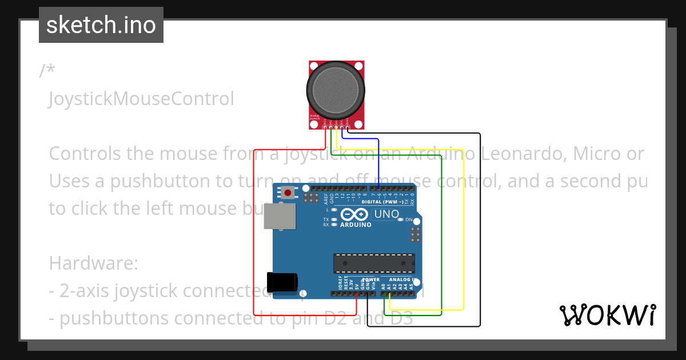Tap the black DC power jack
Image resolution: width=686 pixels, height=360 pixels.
pos(282,282)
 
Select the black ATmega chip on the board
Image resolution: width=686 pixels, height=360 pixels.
pos(374,263)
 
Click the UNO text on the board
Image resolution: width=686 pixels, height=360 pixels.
pos(386,214)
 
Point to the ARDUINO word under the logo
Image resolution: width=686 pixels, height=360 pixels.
pos(356,225)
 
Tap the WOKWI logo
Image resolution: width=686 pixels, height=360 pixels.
pos(607,315)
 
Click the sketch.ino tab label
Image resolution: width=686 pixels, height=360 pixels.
pos(101,25)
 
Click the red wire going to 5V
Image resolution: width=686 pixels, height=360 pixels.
pos(253,229)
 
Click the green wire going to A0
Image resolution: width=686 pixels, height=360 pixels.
pos(442,240)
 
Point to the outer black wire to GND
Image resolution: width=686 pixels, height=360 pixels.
pos(480,229)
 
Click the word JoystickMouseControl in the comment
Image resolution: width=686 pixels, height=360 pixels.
pos(141,99)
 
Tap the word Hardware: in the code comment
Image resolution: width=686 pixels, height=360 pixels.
pos(94,263)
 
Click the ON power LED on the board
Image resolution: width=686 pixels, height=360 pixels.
pos(401,219)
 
